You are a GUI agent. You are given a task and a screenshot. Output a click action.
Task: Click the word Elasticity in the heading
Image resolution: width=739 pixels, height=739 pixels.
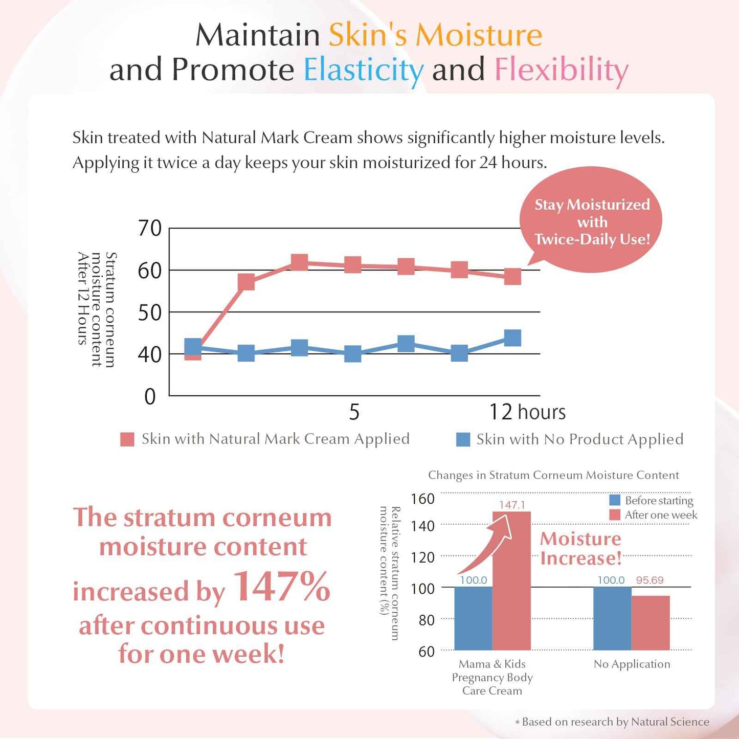(363, 70)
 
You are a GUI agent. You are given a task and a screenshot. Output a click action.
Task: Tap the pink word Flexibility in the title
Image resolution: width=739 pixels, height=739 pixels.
(561, 70)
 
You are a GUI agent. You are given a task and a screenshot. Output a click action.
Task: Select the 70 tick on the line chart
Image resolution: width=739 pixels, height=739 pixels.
(149, 228)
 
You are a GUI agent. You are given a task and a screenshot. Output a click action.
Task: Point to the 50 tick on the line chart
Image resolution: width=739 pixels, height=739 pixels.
(149, 312)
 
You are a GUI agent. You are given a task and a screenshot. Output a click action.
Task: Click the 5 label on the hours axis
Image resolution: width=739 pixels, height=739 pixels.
(354, 412)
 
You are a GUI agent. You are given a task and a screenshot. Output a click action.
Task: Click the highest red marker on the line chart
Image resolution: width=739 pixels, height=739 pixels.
(299, 262)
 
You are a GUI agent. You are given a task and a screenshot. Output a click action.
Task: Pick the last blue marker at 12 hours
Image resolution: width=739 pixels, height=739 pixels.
(512, 338)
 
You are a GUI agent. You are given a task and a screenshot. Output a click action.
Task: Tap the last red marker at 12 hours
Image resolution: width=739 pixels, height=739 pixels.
(512, 276)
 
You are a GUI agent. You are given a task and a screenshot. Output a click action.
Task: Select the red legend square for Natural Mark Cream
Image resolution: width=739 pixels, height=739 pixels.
(127, 439)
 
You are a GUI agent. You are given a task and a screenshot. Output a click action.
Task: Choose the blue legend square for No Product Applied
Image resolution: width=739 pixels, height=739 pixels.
(463, 439)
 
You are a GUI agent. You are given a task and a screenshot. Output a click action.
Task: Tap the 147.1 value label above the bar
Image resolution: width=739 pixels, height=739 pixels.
(512, 505)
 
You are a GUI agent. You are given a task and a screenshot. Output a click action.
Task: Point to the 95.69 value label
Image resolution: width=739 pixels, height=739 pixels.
(650, 580)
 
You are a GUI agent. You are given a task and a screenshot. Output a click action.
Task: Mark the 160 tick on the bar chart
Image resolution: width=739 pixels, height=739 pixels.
(422, 499)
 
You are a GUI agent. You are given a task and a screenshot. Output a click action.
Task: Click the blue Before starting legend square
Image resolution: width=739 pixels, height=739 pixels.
(615, 500)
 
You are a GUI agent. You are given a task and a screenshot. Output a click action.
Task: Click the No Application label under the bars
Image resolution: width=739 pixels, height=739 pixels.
(632, 664)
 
